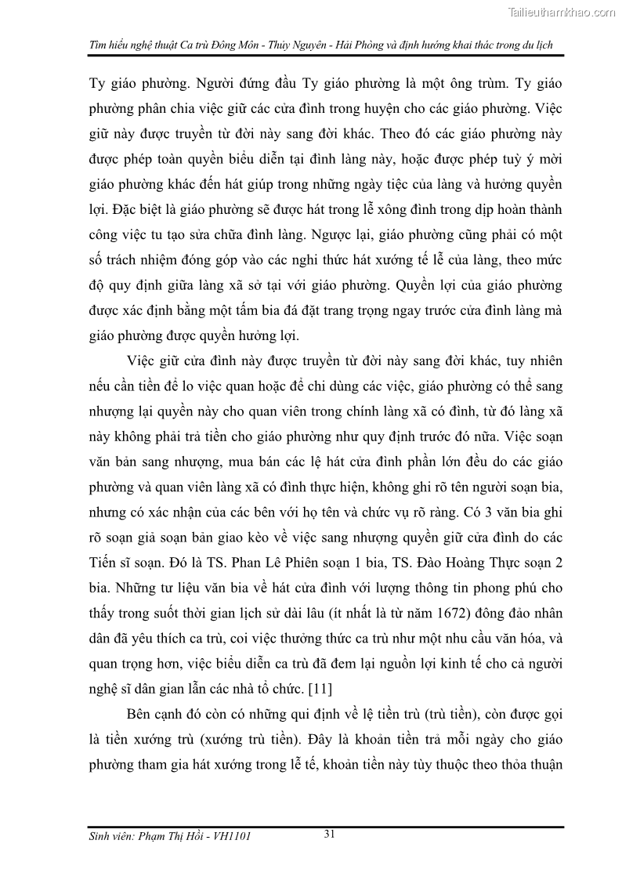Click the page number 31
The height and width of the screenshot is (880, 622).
[330, 834]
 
